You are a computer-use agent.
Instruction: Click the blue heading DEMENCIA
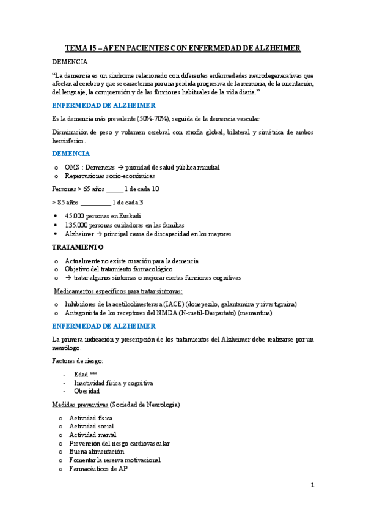coord(71,153)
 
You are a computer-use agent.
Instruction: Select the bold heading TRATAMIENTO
coord(78,247)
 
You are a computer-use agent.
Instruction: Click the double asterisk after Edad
coord(93,373)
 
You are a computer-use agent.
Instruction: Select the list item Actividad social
coord(91,426)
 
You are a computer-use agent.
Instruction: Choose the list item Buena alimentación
coord(97,452)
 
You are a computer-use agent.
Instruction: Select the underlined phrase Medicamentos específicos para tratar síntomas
coord(118,291)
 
